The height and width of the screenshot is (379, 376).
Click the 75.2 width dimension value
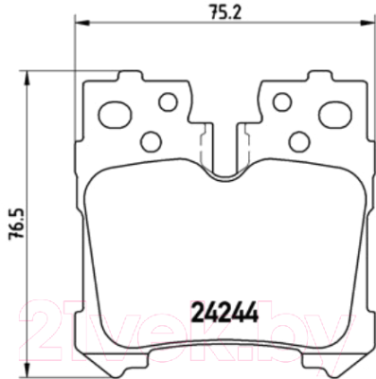tap(225, 12)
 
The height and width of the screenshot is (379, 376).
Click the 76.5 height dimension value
tap(16, 225)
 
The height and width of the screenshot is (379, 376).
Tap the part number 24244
tap(225, 312)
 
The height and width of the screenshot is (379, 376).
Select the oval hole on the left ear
tap(115, 115)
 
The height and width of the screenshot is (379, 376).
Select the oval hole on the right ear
tap(335, 115)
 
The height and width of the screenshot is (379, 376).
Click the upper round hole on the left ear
tap(168, 101)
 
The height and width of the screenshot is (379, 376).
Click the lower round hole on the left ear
tap(151, 141)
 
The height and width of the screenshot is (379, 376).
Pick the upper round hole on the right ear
tap(282, 101)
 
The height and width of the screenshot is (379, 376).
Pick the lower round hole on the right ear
tap(299, 141)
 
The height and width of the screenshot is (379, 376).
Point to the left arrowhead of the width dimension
tap(82, 23)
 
